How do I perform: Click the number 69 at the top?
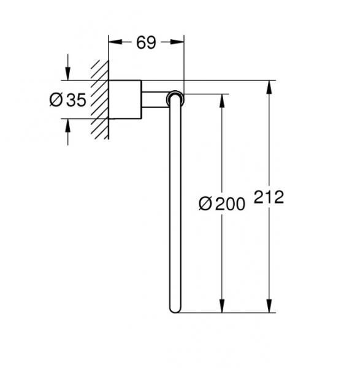(146, 42)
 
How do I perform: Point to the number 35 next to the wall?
(75, 100)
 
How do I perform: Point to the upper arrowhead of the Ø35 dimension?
(67, 74)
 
